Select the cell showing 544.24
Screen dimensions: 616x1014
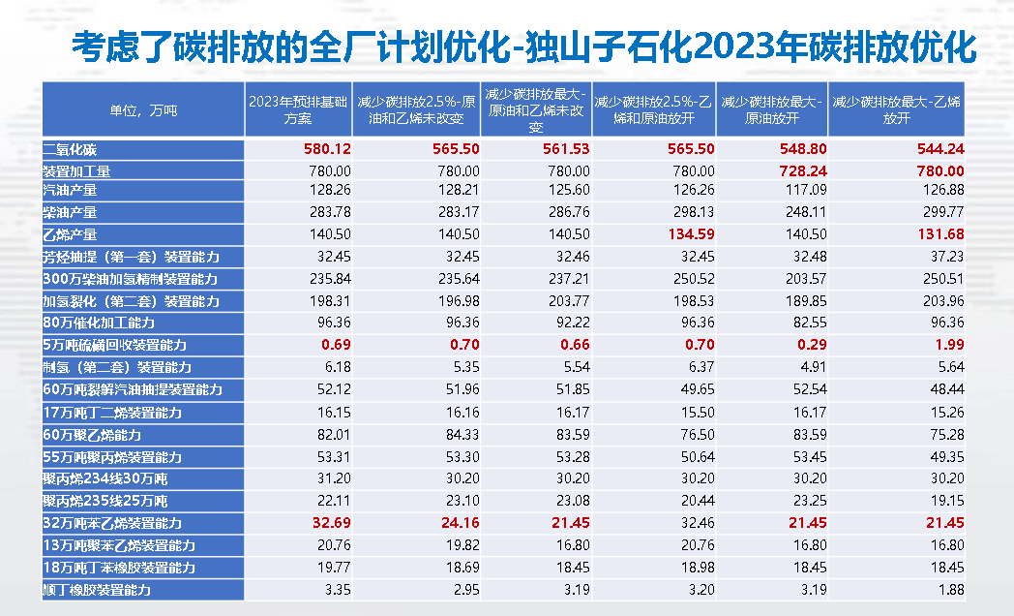[942, 149]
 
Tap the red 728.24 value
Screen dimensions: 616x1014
[800, 170]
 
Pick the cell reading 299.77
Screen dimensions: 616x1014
[943, 212]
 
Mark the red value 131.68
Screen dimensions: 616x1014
[942, 234]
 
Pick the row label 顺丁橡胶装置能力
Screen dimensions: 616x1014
[97, 589]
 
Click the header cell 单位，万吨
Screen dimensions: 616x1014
[144, 109]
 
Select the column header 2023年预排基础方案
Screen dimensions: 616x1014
[297, 109]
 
